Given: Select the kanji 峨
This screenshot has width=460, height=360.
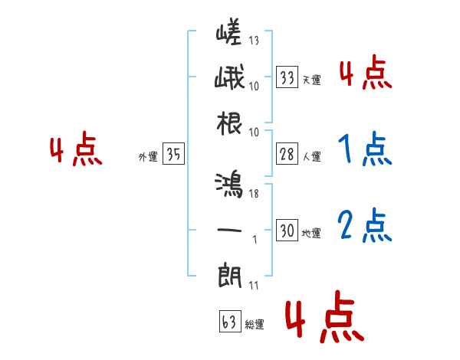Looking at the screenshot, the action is point(228,78).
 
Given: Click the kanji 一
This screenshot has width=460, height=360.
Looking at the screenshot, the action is point(228,229).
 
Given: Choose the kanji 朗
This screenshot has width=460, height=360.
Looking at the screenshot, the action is point(228,273).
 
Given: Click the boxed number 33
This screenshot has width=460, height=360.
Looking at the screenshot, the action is point(287,77).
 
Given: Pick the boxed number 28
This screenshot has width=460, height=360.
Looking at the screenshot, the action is point(287,155).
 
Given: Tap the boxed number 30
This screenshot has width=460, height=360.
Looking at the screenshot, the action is point(287,231).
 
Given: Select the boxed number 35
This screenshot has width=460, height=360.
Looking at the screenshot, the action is point(173,155).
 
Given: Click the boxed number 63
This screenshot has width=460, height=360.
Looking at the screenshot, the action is point(228,322).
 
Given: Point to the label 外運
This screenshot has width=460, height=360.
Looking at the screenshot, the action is point(147,157).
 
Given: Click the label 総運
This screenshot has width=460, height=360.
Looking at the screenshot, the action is point(255,325).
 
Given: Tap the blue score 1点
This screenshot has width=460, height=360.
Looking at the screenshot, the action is point(364,150).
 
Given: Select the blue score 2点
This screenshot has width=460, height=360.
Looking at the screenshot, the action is point(364,225).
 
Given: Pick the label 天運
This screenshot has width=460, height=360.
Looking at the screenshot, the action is point(311,80).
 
